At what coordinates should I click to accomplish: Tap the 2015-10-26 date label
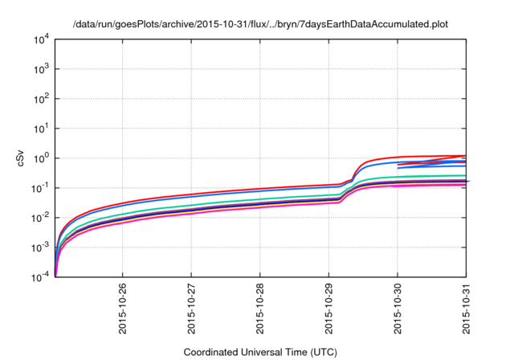pos(123,309)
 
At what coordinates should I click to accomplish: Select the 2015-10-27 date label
pos(192,309)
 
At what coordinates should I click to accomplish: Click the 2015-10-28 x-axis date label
pos(260,309)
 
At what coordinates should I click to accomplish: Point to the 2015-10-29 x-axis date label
pos(329,309)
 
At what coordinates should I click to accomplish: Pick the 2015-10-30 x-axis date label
pos(398,309)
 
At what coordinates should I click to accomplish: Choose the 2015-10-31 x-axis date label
pos(467,309)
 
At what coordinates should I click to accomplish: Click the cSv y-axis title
pos(21,157)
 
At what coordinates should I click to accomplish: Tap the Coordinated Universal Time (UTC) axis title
pos(260,352)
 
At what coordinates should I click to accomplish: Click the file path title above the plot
pos(260,23)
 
